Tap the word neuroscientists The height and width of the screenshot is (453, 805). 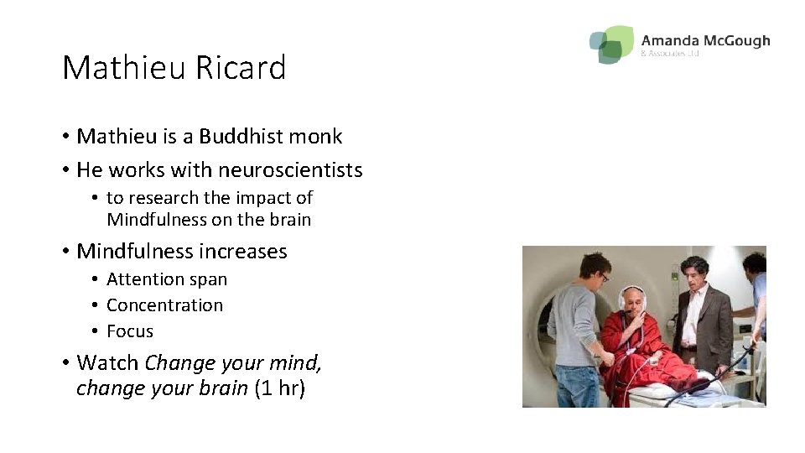(290, 170)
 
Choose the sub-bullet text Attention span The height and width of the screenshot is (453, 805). (167, 279)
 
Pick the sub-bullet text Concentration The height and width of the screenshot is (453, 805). (164, 305)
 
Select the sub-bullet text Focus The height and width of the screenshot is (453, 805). (130, 331)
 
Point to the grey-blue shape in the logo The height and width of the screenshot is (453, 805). (598, 41)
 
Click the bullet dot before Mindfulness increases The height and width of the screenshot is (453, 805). (65, 252)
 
